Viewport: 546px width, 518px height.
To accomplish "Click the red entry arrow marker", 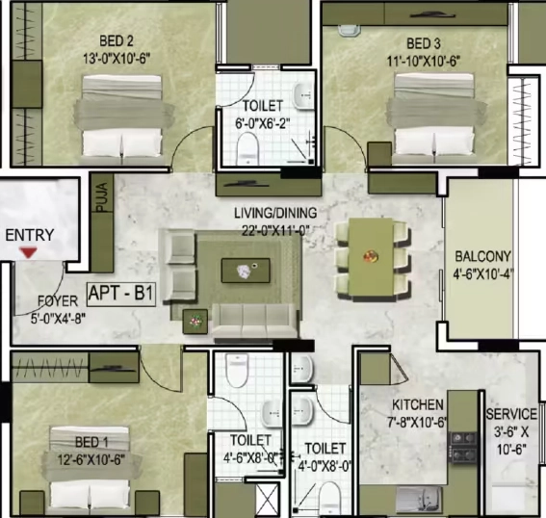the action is (x=28, y=252).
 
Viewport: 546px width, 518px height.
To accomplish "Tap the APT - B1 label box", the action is (x=120, y=295).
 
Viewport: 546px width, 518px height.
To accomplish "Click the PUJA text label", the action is (x=102, y=197).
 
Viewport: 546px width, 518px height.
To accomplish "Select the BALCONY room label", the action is (x=483, y=256).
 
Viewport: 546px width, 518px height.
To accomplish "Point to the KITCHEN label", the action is (x=418, y=404).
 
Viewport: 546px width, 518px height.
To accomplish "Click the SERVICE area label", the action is (x=511, y=414).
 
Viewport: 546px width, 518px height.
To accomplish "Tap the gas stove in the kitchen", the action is (x=463, y=447).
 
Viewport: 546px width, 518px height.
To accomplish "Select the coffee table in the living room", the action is (x=246, y=271).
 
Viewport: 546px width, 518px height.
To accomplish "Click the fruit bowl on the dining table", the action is (x=371, y=256).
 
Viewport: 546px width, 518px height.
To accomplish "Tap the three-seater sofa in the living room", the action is (x=255, y=321).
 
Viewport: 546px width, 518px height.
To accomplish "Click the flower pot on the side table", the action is (x=195, y=321).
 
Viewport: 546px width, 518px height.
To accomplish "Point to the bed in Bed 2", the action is (x=122, y=119).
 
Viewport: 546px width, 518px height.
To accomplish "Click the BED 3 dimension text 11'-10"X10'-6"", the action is (x=424, y=62).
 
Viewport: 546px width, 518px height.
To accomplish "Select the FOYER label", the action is (x=58, y=300).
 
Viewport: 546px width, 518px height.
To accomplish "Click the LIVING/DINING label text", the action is (x=275, y=213).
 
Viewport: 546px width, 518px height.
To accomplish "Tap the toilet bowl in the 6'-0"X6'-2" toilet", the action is (x=247, y=148).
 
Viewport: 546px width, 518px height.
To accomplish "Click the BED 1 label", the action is (x=91, y=442).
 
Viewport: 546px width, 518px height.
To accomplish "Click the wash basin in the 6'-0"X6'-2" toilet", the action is (x=302, y=95).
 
